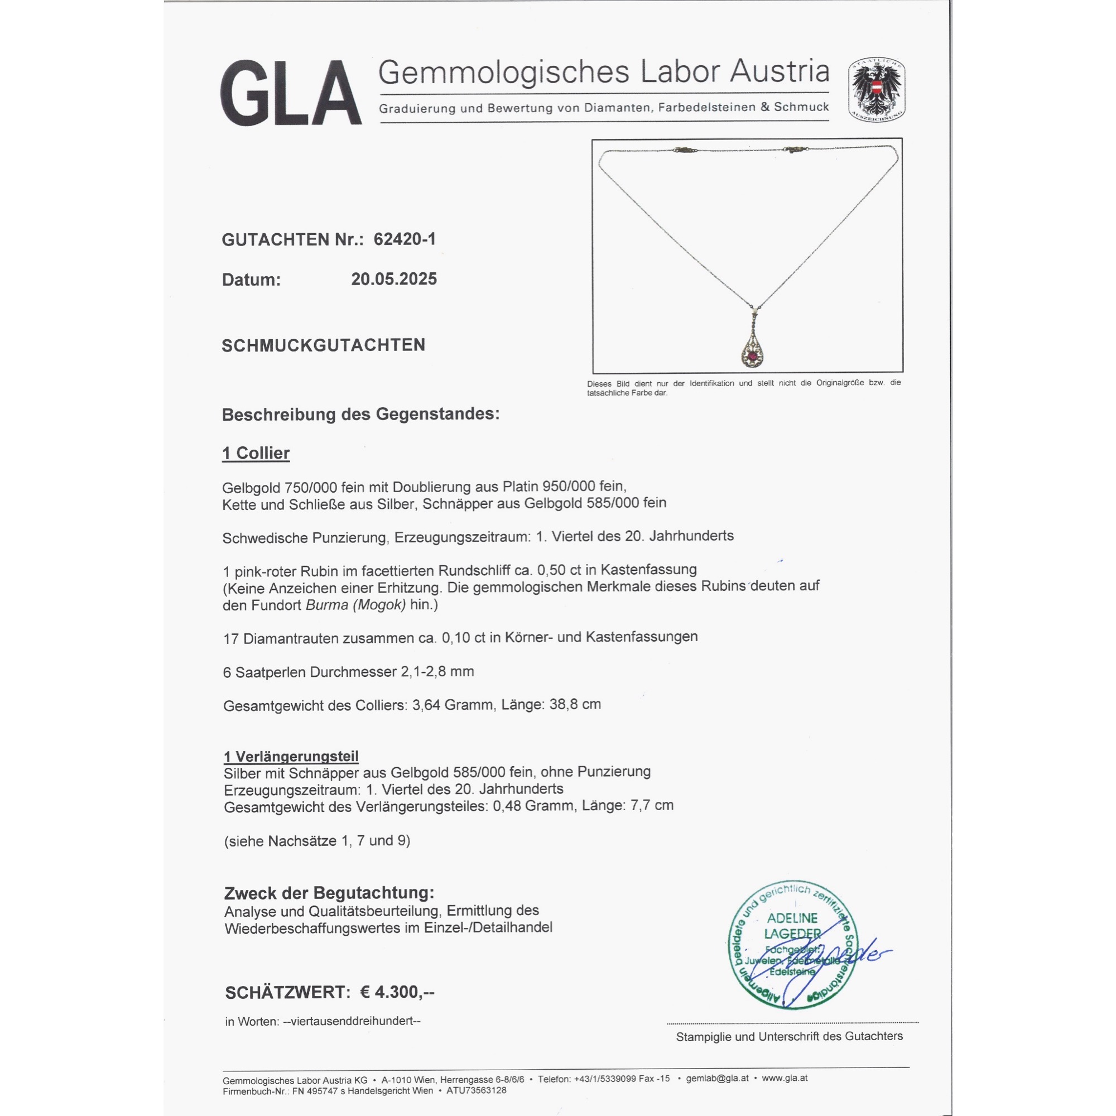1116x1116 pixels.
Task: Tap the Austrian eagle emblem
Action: [x=876, y=90]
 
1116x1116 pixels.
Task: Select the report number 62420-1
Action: [x=405, y=239]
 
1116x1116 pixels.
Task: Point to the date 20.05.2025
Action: [x=394, y=279]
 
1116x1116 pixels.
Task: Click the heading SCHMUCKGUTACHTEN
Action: [x=324, y=345]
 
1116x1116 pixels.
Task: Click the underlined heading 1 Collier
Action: [x=256, y=453]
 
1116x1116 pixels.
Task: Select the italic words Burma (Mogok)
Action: [x=356, y=605]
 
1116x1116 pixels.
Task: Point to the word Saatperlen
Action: [x=270, y=672]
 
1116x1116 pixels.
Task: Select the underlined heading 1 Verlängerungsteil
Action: [x=291, y=756]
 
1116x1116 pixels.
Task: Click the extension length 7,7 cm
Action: [x=652, y=805]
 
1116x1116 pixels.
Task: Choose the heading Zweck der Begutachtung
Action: [x=329, y=892]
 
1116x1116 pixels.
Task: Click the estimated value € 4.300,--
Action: [x=397, y=992]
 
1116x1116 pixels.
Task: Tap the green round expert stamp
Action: [x=792, y=946]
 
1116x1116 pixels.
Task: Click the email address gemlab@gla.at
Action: [x=717, y=1078]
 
